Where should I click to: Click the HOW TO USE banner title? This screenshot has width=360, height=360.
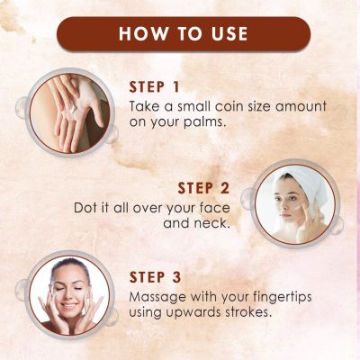point(183,33)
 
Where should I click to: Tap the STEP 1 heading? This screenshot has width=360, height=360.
point(154,87)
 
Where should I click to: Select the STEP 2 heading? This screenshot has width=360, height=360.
point(203,188)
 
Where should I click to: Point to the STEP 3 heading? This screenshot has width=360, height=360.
point(156,277)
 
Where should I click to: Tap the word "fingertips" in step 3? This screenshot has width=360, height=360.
point(282,297)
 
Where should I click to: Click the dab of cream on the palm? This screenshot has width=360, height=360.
point(73,110)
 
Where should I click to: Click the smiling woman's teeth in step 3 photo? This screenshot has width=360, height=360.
point(69,306)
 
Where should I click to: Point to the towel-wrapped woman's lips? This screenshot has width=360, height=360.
point(285,216)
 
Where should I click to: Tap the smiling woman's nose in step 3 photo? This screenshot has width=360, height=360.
point(68,295)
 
